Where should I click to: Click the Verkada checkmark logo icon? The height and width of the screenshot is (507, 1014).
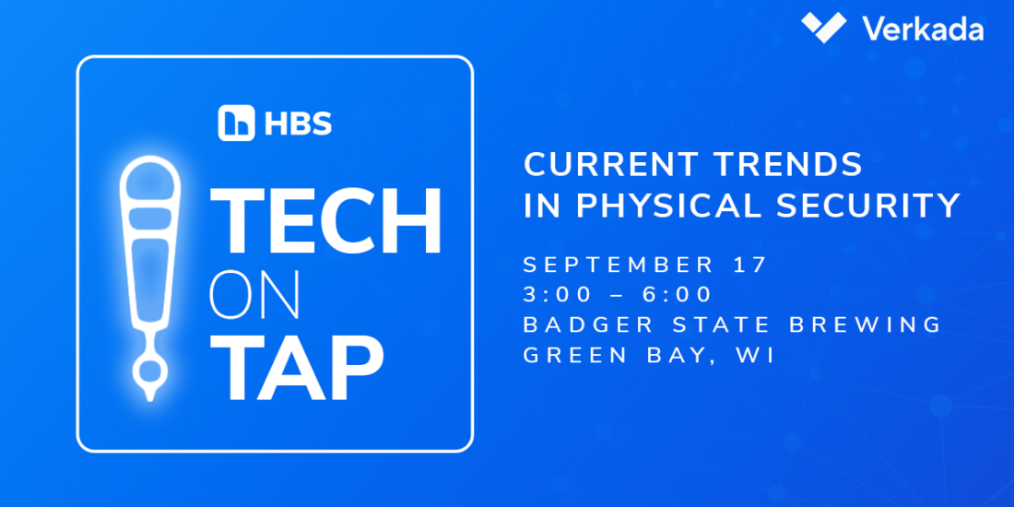[x=823, y=27]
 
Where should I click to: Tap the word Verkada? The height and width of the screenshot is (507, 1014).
[x=923, y=29]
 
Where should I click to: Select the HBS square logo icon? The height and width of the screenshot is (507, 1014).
[x=236, y=123]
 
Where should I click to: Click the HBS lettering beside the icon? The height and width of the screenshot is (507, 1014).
[x=298, y=123]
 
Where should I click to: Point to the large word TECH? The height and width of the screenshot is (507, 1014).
[x=326, y=221]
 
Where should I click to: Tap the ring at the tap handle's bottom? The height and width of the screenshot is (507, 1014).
[x=149, y=371]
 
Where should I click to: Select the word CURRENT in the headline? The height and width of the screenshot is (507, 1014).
[x=607, y=165]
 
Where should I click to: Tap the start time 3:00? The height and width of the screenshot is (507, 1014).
[x=558, y=295]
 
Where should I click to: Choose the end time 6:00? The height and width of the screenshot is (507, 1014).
[x=677, y=295]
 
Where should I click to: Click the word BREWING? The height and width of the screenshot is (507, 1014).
[x=867, y=325]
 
